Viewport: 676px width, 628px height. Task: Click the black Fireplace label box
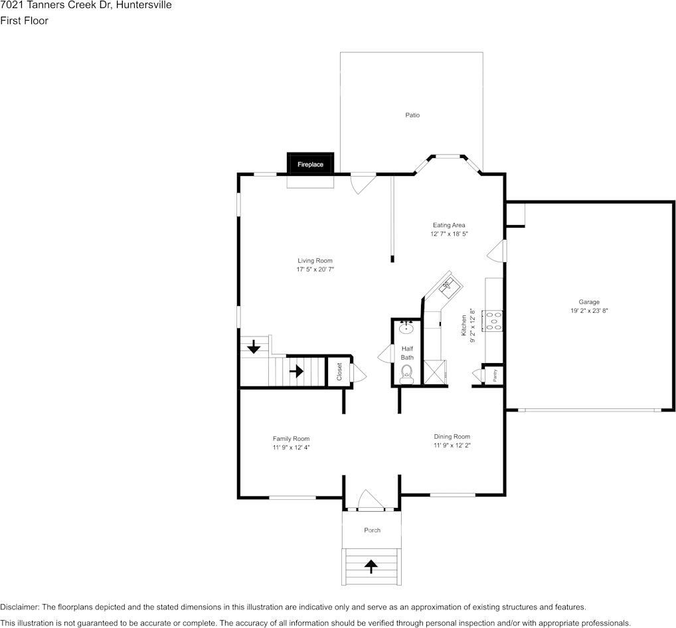(x=310, y=164)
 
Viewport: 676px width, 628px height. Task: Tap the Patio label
(x=412, y=115)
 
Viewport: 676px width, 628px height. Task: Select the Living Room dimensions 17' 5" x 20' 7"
(x=315, y=270)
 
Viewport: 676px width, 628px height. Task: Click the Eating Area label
(x=449, y=225)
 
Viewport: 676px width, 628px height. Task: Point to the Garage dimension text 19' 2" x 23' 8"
(x=589, y=311)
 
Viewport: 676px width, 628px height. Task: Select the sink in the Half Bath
(x=406, y=329)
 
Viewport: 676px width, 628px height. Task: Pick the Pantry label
(x=495, y=376)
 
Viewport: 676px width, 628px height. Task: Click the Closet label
(x=339, y=372)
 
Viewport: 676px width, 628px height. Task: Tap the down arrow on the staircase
(x=254, y=347)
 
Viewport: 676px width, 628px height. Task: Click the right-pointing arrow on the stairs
(x=297, y=370)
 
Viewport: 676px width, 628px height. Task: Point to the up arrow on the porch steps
(x=371, y=566)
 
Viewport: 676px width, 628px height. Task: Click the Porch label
(x=372, y=530)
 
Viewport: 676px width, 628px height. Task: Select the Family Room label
(x=291, y=439)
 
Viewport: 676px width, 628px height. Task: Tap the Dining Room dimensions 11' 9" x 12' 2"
(x=452, y=445)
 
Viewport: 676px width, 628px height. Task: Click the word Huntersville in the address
(x=143, y=5)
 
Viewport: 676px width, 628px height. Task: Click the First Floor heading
(x=24, y=21)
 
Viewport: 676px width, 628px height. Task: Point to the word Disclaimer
(x=20, y=607)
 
